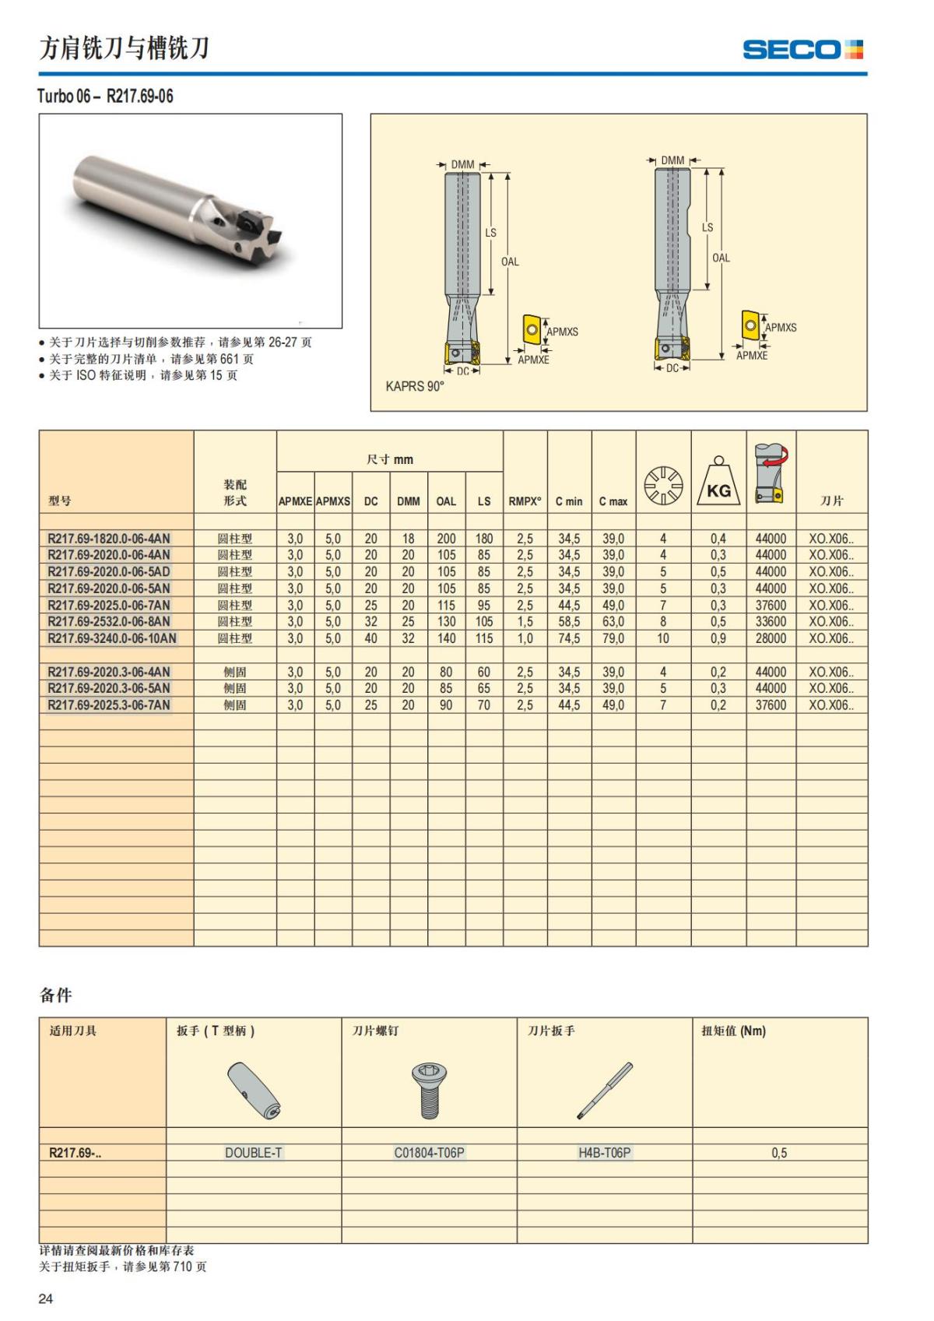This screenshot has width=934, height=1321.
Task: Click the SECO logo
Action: click(802, 50)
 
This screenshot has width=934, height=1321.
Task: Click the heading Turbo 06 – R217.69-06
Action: click(105, 97)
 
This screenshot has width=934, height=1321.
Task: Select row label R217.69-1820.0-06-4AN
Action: click(109, 539)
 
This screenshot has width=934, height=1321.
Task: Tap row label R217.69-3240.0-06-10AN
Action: click(112, 638)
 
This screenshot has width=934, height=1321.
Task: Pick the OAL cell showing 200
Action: click(446, 539)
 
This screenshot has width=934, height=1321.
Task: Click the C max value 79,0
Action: click(613, 638)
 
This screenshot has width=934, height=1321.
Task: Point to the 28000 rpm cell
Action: click(771, 638)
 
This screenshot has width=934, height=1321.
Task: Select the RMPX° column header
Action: click(525, 501)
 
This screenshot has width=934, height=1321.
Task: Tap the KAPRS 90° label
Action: click(415, 386)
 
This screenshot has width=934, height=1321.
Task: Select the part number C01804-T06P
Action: click(429, 1153)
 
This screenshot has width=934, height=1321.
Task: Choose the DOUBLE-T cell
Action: click(253, 1153)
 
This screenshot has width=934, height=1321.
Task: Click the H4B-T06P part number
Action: click(604, 1153)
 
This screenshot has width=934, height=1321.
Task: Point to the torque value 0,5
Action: click(779, 1153)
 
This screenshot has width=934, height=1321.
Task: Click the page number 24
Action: click(46, 1298)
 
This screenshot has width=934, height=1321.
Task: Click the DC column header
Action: click(370, 501)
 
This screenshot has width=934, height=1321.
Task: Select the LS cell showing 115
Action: click(484, 638)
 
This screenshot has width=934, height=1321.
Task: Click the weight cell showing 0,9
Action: click(718, 638)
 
